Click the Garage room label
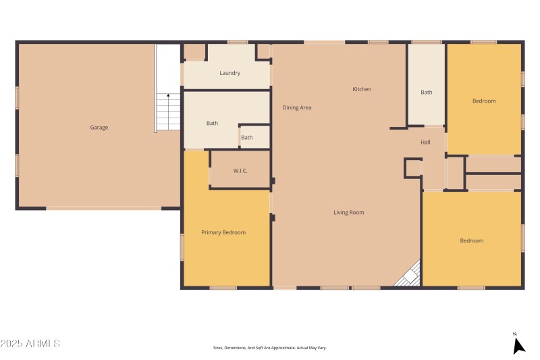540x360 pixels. (x=99, y=128)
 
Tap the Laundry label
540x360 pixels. (x=230, y=73)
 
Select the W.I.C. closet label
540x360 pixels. (x=240, y=171)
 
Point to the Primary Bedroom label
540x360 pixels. (x=223, y=232)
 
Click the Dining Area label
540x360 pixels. (x=296, y=107)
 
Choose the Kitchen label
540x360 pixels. (x=362, y=89)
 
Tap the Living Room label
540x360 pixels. (x=348, y=213)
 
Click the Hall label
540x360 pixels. (x=425, y=143)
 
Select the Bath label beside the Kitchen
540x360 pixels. (x=427, y=93)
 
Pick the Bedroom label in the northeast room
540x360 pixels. (x=483, y=101)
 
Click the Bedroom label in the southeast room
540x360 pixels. (x=472, y=241)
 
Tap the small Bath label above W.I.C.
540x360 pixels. (x=247, y=138)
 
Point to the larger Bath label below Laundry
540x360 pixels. (x=212, y=124)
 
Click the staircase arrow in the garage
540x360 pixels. (x=168, y=97)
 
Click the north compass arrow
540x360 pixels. (x=518, y=346)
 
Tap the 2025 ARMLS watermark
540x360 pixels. (x=30, y=344)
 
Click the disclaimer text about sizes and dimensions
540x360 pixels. (x=269, y=348)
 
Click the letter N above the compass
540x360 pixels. (x=514, y=334)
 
